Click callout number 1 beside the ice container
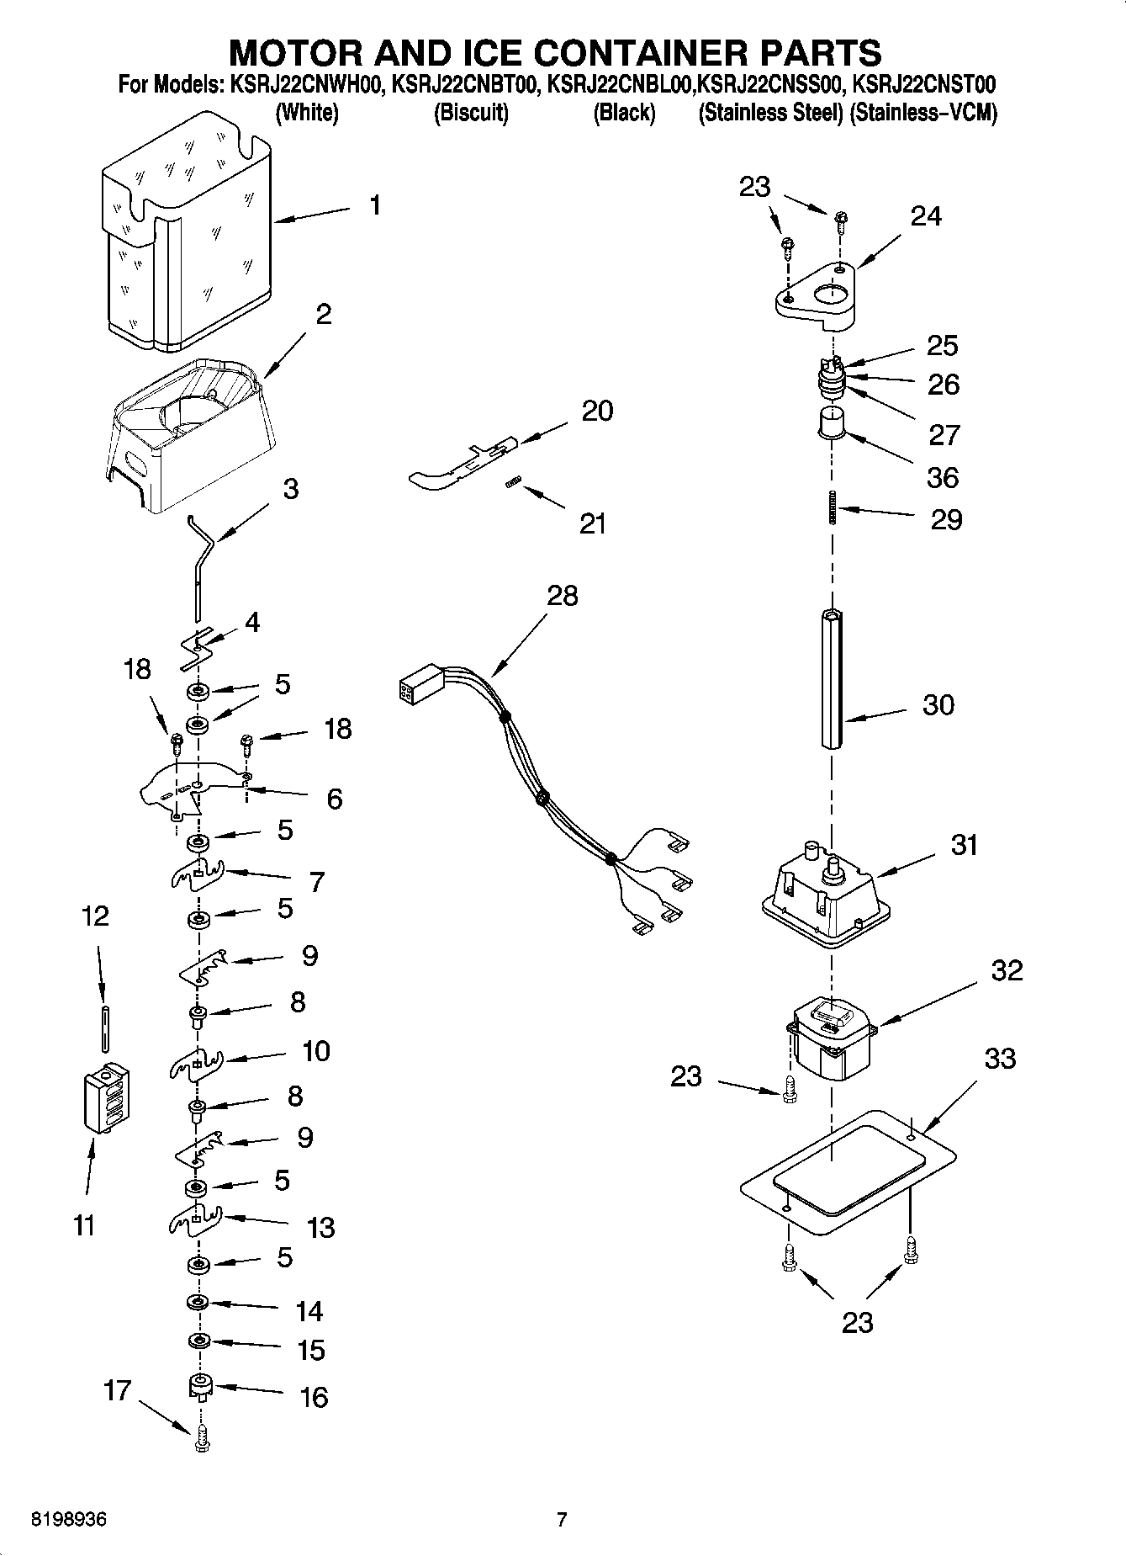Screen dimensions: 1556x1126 [x=375, y=205]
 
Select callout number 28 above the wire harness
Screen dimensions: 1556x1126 [x=563, y=596]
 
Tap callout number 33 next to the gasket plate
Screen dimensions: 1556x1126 [x=1000, y=1059]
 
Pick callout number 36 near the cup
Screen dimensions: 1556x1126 [x=943, y=478]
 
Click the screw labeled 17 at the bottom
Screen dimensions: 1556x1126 [x=200, y=1442]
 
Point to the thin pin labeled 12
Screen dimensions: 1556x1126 [x=105, y=1028]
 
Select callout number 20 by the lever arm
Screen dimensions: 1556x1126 [x=597, y=411]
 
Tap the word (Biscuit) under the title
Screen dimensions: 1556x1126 [x=471, y=113]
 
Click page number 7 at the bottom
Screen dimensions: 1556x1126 [x=562, y=1520]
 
